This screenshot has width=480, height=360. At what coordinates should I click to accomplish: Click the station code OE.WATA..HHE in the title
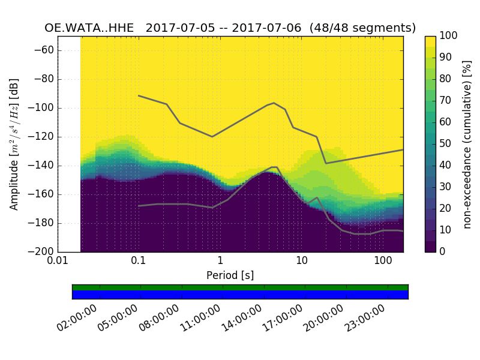(89, 28)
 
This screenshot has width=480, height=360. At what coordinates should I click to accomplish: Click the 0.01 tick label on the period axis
(58, 261)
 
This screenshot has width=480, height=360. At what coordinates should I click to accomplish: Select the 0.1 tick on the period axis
(139, 261)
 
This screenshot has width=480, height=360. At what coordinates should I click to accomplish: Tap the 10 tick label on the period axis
(301, 261)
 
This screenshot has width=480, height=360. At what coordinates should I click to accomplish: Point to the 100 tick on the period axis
(383, 261)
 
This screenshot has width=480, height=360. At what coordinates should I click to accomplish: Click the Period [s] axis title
(230, 275)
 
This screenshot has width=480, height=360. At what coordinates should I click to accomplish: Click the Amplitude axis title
(14, 144)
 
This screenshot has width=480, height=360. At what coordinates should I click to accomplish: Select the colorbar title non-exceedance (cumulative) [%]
(467, 144)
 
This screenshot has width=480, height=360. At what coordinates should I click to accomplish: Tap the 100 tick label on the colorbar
(449, 36)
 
